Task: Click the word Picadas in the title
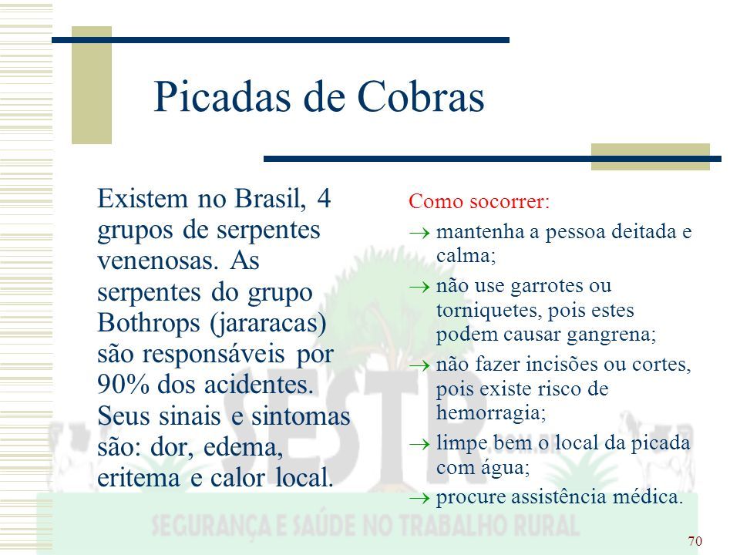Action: [x=222, y=97]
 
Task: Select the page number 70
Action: [x=695, y=541]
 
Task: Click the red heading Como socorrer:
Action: [x=479, y=201]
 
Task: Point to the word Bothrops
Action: [x=149, y=323]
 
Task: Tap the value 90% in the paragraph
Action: [x=123, y=384]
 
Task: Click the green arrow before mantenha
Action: [x=419, y=233]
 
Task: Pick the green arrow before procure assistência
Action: [x=419, y=498]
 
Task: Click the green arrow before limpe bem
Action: [x=419, y=444]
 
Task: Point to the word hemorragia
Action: [x=491, y=413]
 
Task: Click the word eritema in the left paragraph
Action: [x=139, y=478]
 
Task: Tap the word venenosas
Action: [x=158, y=261]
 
